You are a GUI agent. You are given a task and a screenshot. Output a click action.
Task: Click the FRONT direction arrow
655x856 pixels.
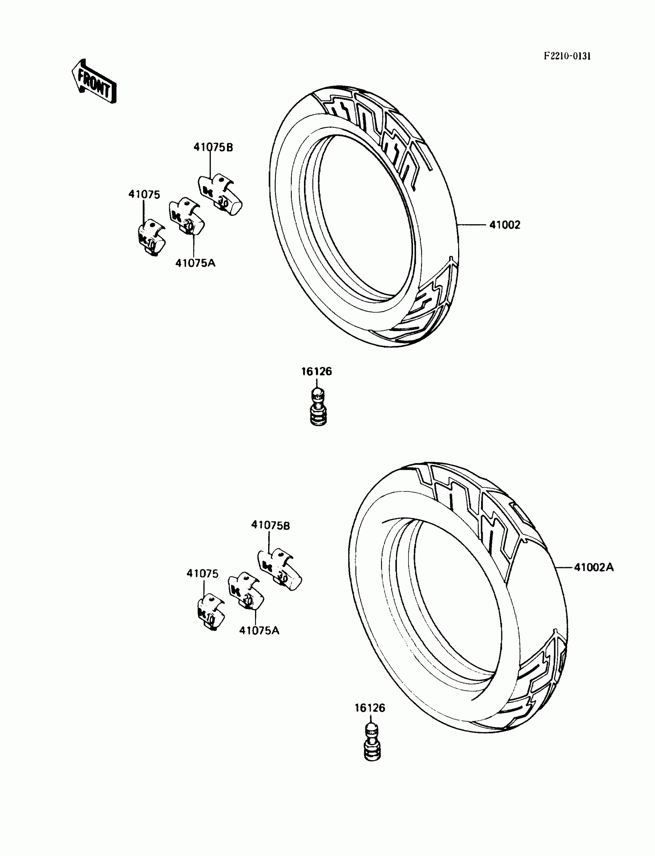pyautogui.click(x=94, y=81)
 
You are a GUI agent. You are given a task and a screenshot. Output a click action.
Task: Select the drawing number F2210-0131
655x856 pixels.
pyautogui.click(x=567, y=56)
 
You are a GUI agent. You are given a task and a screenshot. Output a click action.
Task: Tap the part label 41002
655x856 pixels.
pyautogui.click(x=504, y=225)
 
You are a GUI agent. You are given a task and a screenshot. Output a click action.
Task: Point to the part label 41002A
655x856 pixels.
pyautogui.click(x=593, y=568)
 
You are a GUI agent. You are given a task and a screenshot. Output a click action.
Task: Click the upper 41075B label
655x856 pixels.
pyautogui.click(x=213, y=147)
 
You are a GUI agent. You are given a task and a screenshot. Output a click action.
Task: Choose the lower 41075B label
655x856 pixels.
pyautogui.click(x=270, y=525)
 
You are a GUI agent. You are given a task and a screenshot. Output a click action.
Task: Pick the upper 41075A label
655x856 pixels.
pyautogui.click(x=195, y=263)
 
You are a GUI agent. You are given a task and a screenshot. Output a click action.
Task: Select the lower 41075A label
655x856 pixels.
pyautogui.click(x=259, y=630)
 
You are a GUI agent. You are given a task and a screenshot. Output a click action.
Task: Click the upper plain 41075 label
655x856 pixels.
pyautogui.click(x=144, y=194)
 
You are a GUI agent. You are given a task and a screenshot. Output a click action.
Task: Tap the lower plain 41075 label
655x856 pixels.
pyautogui.click(x=202, y=573)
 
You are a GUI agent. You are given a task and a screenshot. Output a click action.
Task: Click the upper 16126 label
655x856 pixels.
pyautogui.click(x=317, y=371)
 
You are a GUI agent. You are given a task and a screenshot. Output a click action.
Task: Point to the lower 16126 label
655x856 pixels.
pyautogui.click(x=369, y=708)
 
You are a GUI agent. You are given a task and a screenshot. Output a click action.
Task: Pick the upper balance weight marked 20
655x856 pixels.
pyautogui.click(x=186, y=219)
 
